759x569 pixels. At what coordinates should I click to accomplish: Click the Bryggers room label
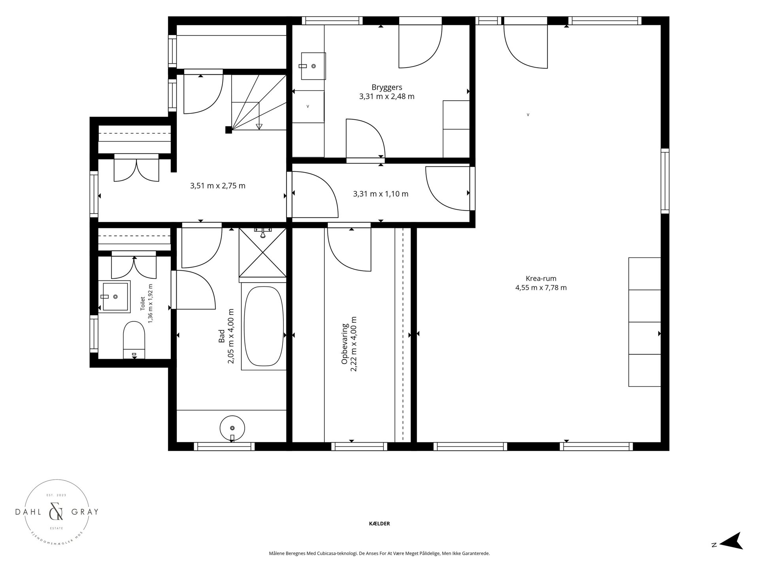click(387, 87)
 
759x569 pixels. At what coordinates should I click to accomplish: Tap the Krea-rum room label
click(541, 278)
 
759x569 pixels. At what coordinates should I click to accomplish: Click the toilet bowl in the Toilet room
click(134, 339)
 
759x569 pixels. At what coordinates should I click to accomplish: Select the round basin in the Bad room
click(232, 428)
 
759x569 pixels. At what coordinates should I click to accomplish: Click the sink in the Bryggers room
click(313, 66)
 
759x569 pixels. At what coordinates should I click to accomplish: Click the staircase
click(259, 102)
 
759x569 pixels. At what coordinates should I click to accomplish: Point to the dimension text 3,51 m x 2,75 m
click(218, 186)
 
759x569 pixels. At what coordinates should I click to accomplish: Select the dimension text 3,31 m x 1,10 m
click(381, 194)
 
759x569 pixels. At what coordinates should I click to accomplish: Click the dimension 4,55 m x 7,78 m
click(541, 288)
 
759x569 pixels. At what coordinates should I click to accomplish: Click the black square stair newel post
click(228, 130)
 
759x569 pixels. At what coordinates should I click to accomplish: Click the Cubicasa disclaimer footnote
click(379, 554)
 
